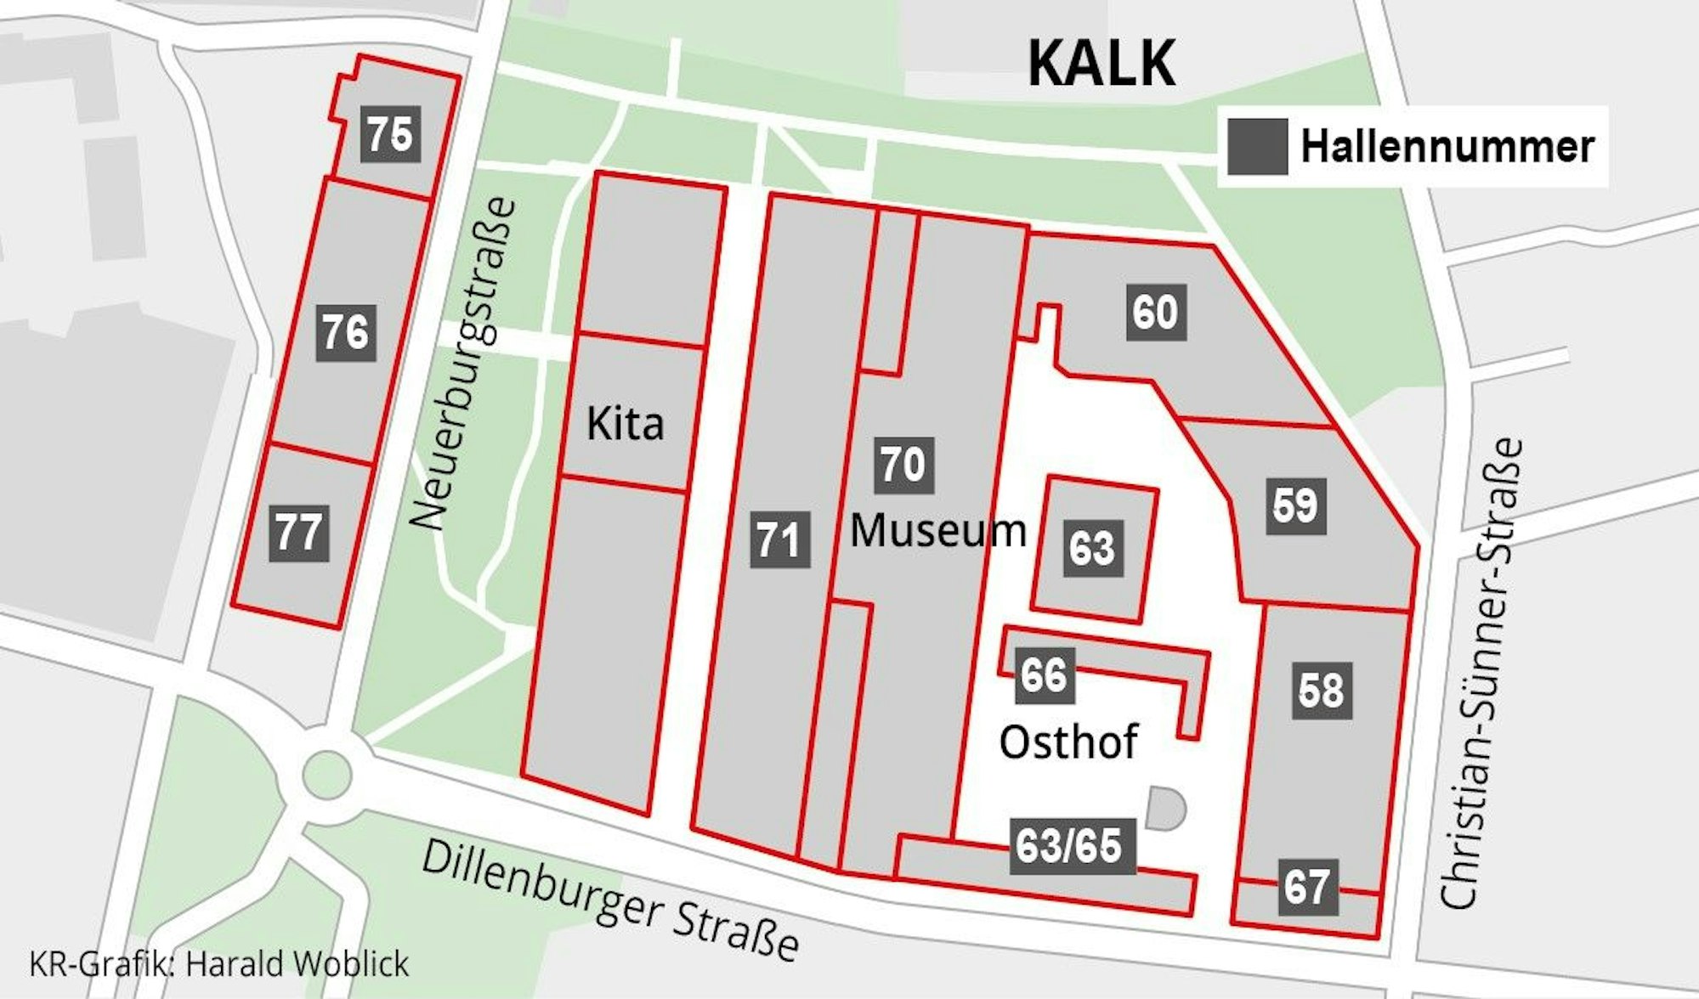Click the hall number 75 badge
(390, 133)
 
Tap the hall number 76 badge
(346, 332)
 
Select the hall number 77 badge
(299, 533)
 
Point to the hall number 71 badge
(779, 539)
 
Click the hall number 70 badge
(903, 465)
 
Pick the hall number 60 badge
(1156, 313)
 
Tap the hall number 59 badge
(1295, 505)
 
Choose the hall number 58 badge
(1322, 690)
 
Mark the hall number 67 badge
(1307, 887)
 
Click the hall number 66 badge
(1045, 675)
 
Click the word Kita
(625, 423)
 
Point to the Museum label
(938, 531)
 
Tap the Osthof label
(1068, 742)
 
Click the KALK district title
(1102, 63)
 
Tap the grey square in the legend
(1257, 146)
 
